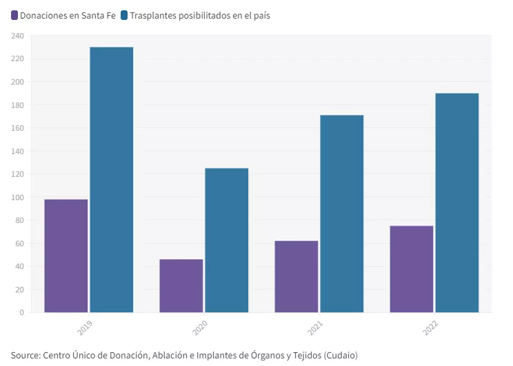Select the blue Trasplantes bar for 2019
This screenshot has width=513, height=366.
(x=112, y=180)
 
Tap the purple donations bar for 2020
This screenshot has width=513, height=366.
(x=181, y=286)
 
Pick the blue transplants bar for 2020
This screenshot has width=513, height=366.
(x=227, y=240)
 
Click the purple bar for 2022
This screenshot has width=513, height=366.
(x=412, y=269)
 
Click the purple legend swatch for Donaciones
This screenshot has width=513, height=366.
(x=14, y=14)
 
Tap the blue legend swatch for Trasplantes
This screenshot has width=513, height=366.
(x=124, y=14)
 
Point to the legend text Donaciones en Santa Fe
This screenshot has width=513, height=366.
(x=68, y=14)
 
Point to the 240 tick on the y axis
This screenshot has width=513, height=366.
(x=17, y=36)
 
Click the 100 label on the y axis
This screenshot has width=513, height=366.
(x=17, y=197)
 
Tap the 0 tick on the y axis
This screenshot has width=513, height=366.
(x=21, y=312)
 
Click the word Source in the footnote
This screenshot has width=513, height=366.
(x=25, y=355)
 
